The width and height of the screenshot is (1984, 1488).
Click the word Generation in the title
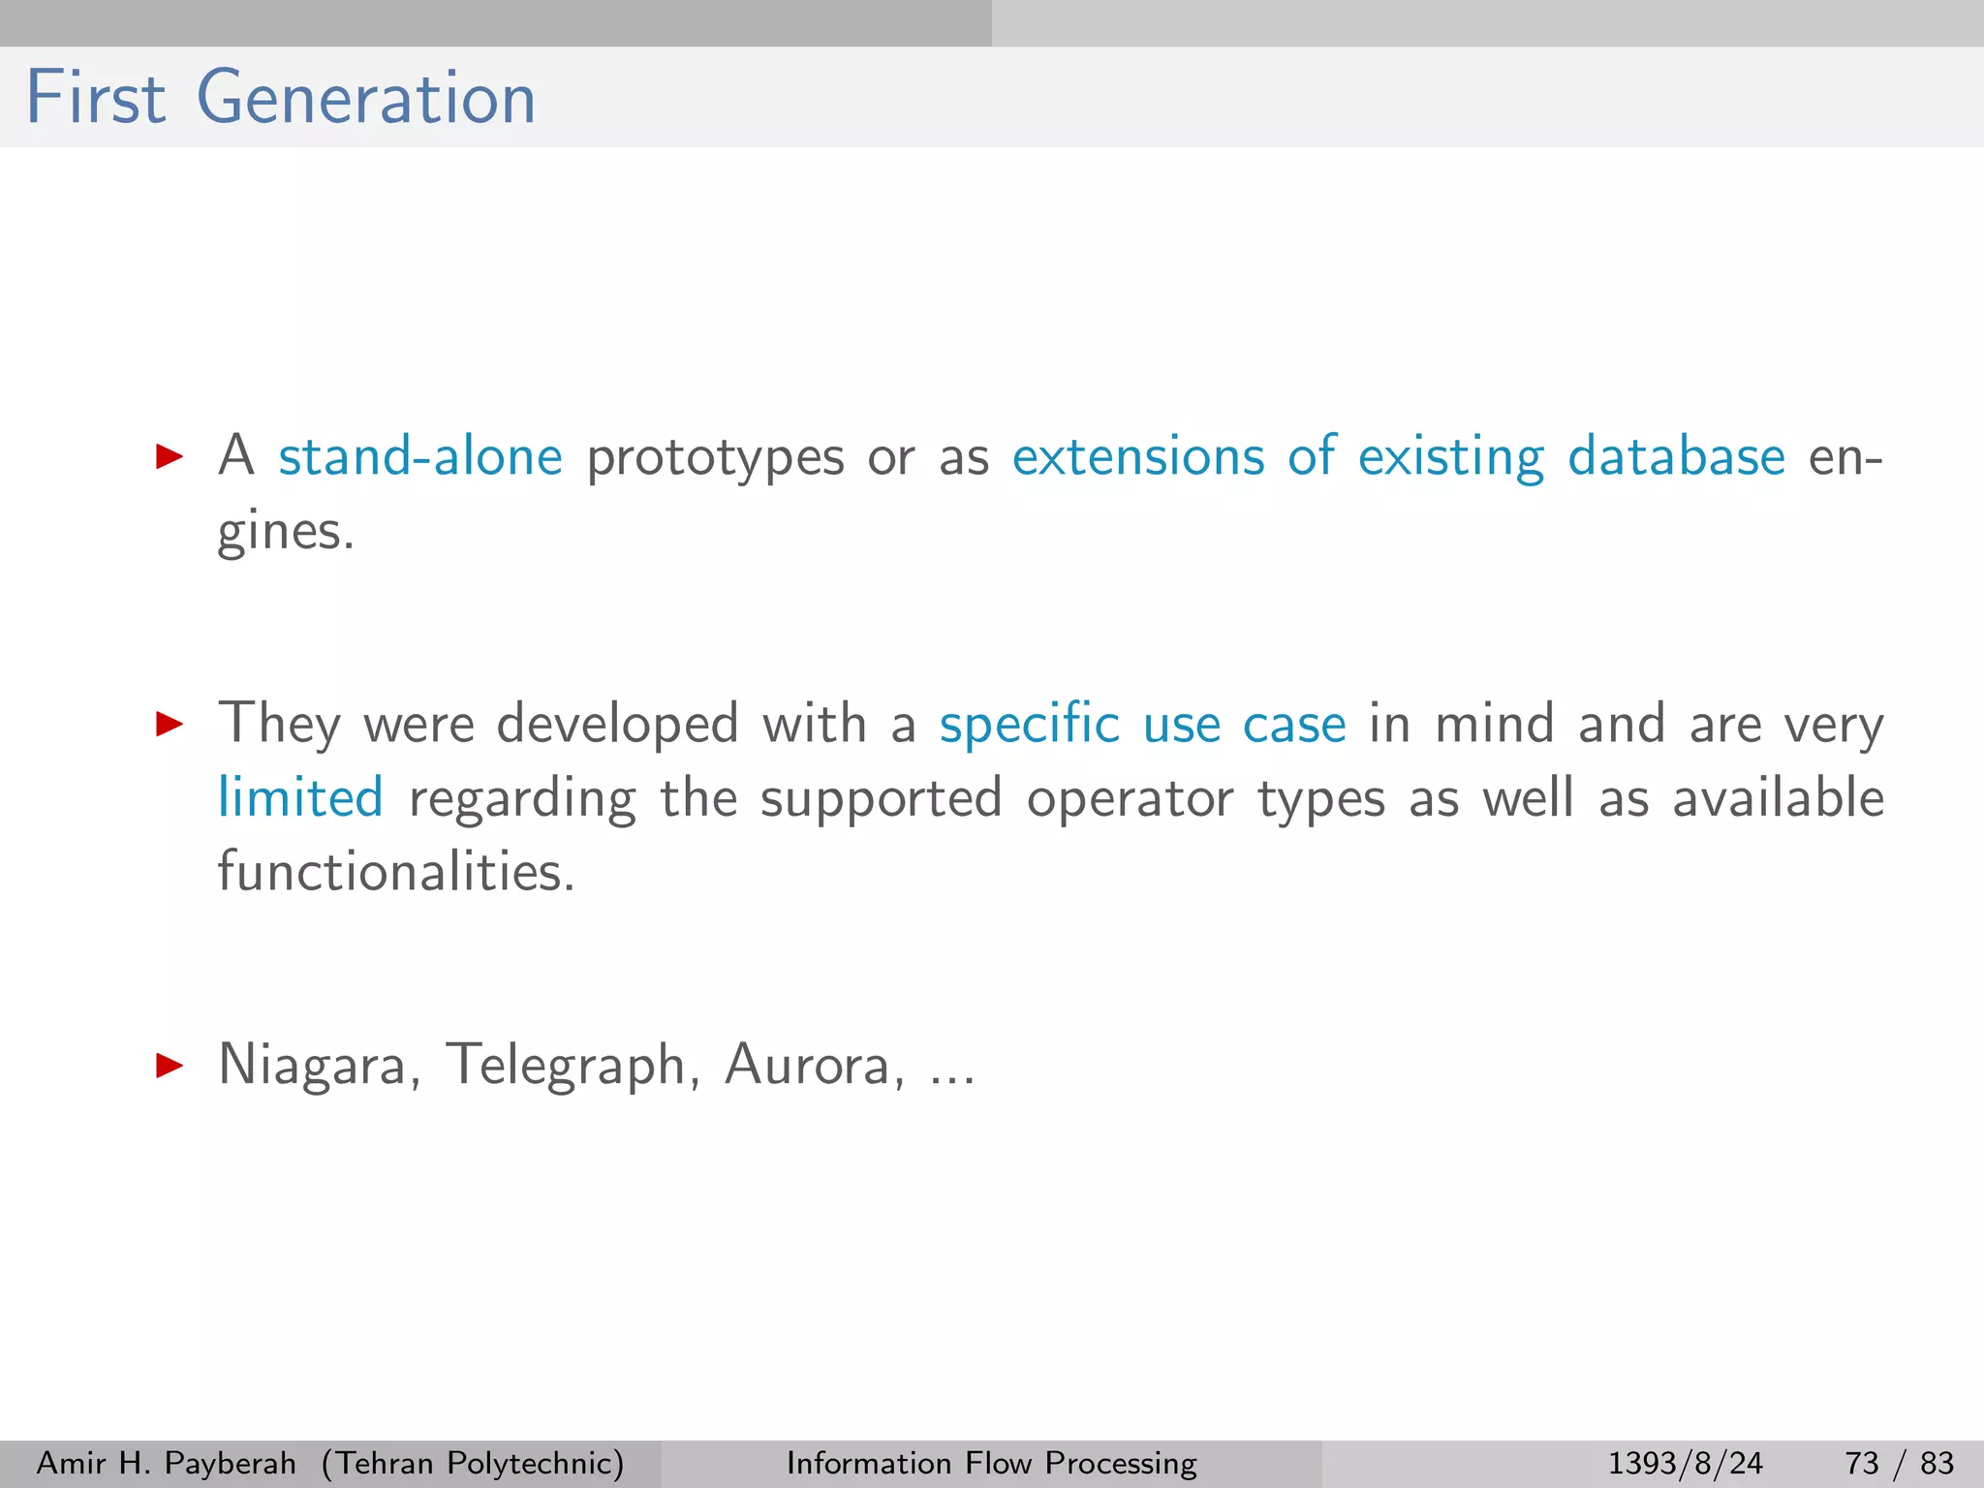366,98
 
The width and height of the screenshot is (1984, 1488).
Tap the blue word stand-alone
419,456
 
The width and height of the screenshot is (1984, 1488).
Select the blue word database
1676,456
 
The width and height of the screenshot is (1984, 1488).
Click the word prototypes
715,458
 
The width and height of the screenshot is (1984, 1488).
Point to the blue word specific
1029,725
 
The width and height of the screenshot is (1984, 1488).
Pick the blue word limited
300,798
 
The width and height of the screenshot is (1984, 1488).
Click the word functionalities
395,871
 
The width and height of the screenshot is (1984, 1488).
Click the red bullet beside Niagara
170,1067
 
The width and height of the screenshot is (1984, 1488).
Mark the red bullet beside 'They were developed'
170,724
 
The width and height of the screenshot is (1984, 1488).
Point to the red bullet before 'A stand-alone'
170,456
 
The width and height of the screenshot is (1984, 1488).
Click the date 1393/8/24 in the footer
1686,1463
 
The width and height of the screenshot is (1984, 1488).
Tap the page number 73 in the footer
1862,1463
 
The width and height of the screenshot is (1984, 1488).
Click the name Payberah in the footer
231,1463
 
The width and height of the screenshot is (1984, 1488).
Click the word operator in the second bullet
1130,799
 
